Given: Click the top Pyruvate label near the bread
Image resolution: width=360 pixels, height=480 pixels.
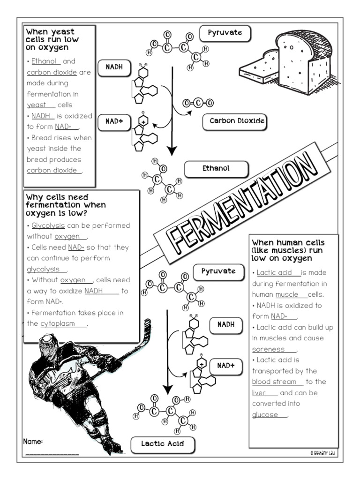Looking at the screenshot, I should [225, 33].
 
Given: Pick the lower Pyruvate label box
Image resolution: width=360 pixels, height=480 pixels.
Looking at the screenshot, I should [218, 271].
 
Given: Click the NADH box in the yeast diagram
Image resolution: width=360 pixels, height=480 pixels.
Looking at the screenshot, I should [114, 67].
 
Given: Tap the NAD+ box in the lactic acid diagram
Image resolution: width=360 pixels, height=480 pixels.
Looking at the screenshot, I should [225, 366].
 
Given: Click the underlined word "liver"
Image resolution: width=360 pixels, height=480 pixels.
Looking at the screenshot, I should [258, 393].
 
